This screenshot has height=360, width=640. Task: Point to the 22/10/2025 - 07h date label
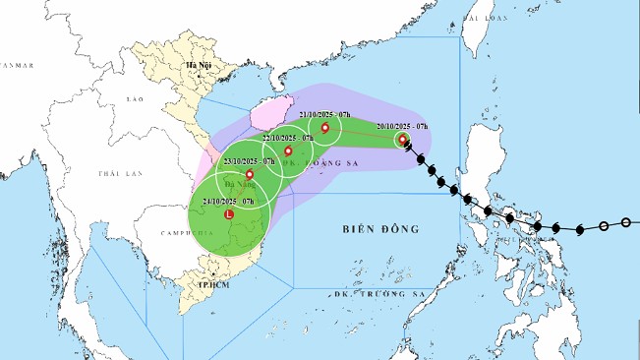[x=283, y=138]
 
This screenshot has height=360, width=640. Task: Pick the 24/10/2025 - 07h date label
[x=227, y=201]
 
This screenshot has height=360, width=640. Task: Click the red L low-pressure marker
[x=229, y=213]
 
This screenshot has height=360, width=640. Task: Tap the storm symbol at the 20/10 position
[x=403, y=141]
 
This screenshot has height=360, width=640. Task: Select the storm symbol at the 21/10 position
[x=324, y=128]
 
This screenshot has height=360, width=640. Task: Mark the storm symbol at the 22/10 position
[x=288, y=151]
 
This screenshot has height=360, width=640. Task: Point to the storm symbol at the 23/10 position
[x=249, y=174]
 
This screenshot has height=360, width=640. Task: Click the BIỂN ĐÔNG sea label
[x=380, y=229]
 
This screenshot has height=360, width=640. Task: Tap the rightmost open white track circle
[x=626, y=223]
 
